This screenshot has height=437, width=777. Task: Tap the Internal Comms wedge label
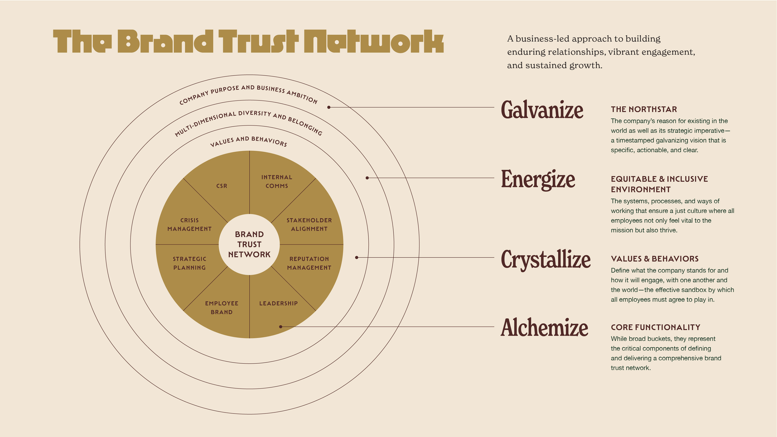pos(277,181)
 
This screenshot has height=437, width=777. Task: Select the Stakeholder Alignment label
pos(309,224)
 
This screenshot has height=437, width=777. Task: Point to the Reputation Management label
pos(309,263)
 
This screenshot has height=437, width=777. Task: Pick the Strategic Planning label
pos(189,263)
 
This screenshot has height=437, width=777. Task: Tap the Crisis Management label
pos(189,224)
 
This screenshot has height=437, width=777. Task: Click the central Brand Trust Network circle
pos(249,244)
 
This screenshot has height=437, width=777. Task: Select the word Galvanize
pos(542,110)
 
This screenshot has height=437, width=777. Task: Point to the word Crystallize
pos(545,259)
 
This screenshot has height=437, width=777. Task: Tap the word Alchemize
pos(544,328)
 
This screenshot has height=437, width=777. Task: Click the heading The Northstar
pos(644,109)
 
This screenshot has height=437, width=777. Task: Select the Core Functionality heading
pos(655,327)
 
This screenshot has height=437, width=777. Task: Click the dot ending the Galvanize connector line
pos(329,107)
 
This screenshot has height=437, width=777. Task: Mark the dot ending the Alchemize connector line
pos(280,327)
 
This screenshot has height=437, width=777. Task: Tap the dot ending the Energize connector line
pos(367,178)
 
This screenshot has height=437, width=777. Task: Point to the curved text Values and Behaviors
pos(248,141)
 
